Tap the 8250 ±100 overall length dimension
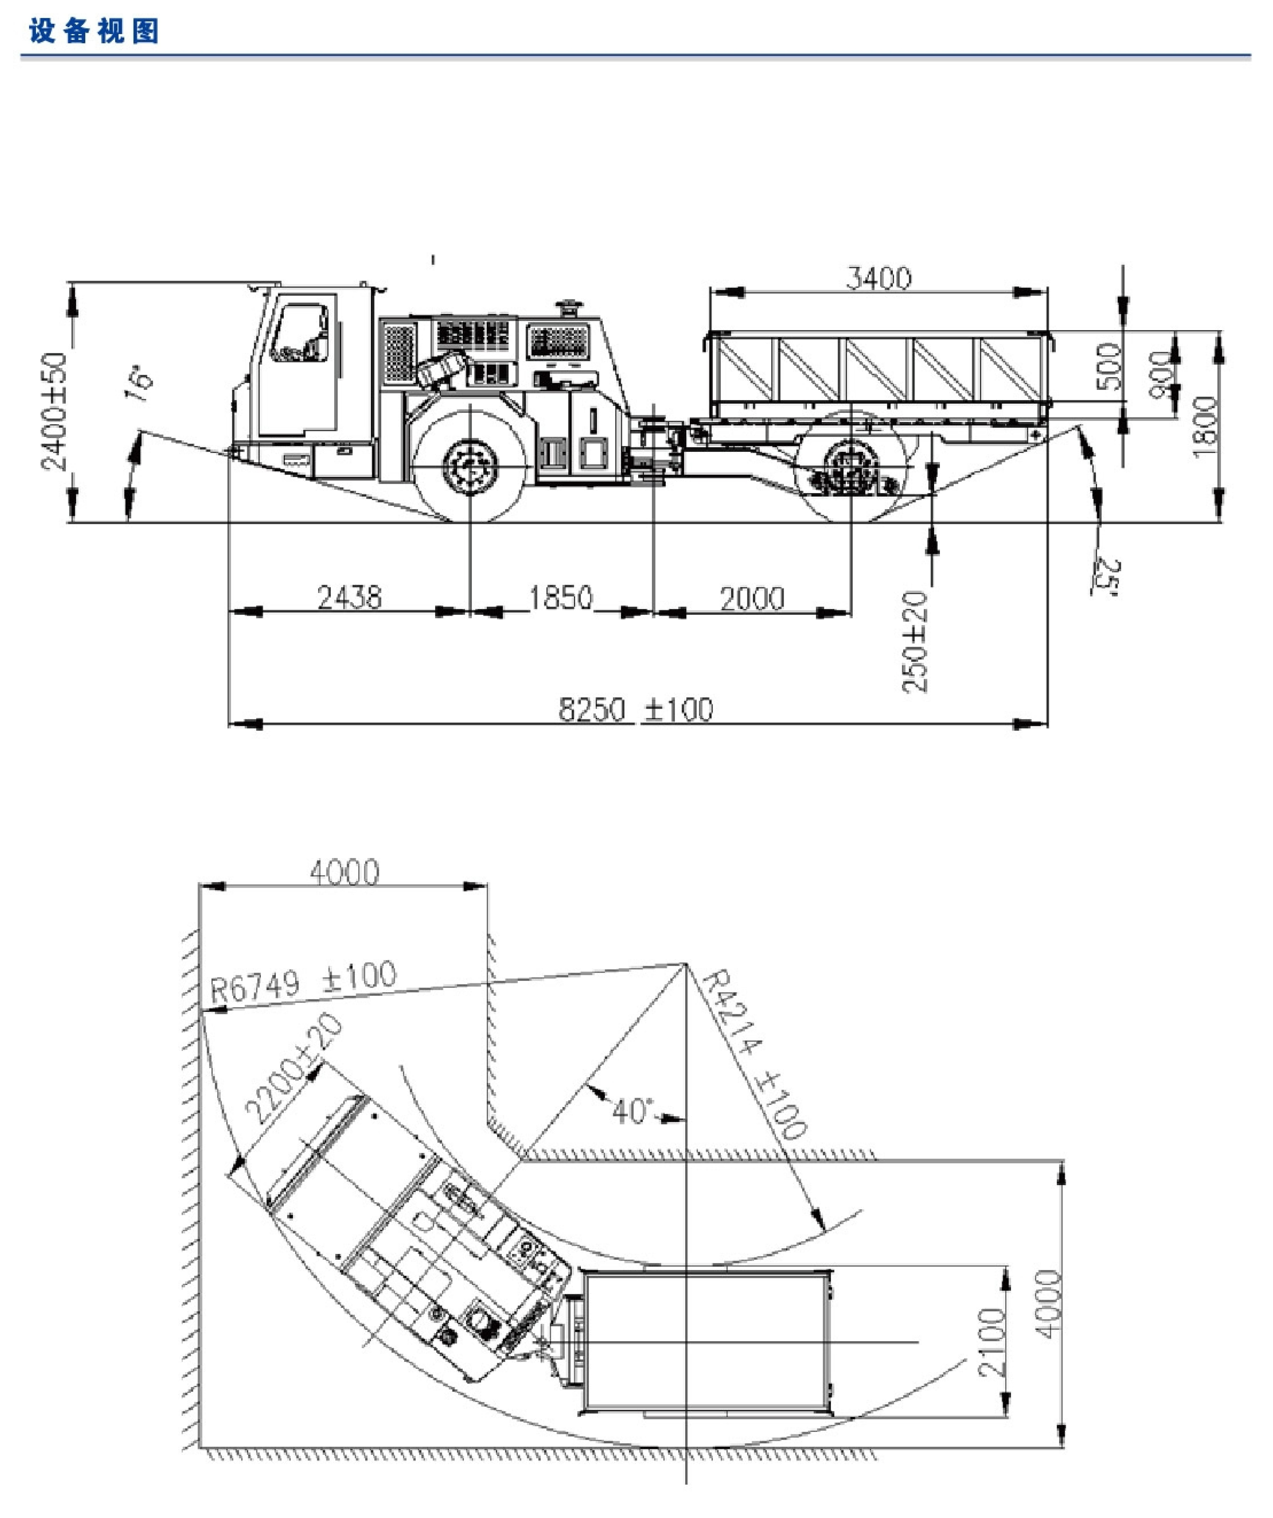click(x=636, y=710)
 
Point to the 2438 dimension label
click(x=350, y=598)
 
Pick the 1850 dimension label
click(x=561, y=598)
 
